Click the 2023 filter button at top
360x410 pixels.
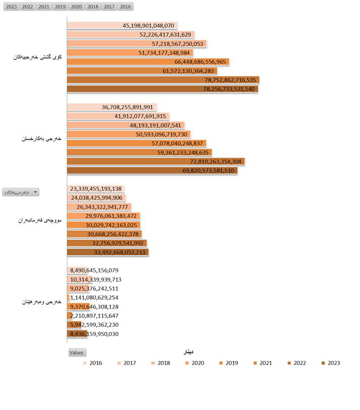tap(11, 7)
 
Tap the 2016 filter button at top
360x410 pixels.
tap(125, 7)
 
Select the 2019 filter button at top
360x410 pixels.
tap(60, 7)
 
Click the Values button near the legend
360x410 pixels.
tap(77, 352)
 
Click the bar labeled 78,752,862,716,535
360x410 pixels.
tap(163, 80)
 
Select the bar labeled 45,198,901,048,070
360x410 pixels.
tap(122, 25)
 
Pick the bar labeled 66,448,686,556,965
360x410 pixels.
tap(148, 62)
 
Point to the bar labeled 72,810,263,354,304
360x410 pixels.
tap(156, 161)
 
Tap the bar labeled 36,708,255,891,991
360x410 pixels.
tap(112, 107)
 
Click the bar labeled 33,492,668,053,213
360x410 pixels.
tap(108, 252)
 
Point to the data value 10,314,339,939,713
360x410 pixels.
tap(96, 279)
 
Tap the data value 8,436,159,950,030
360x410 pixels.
tap(95, 334)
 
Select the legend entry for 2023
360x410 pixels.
tap(330, 363)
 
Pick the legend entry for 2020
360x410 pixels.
tap(194, 363)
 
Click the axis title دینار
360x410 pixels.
tap(187, 352)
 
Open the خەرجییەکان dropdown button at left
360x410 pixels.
tap(21, 192)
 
